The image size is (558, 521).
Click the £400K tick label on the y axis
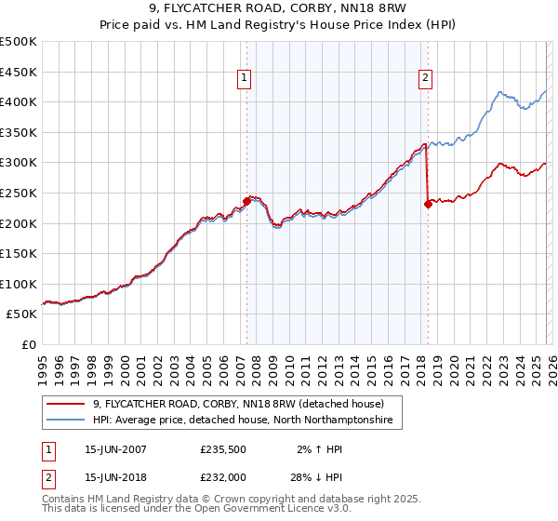(19, 101)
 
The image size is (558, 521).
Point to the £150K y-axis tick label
(19, 253)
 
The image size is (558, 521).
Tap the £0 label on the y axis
(29, 344)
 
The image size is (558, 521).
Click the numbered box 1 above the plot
(244, 79)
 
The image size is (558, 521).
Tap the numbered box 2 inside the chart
(425, 79)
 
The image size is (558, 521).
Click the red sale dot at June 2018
(428, 204)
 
